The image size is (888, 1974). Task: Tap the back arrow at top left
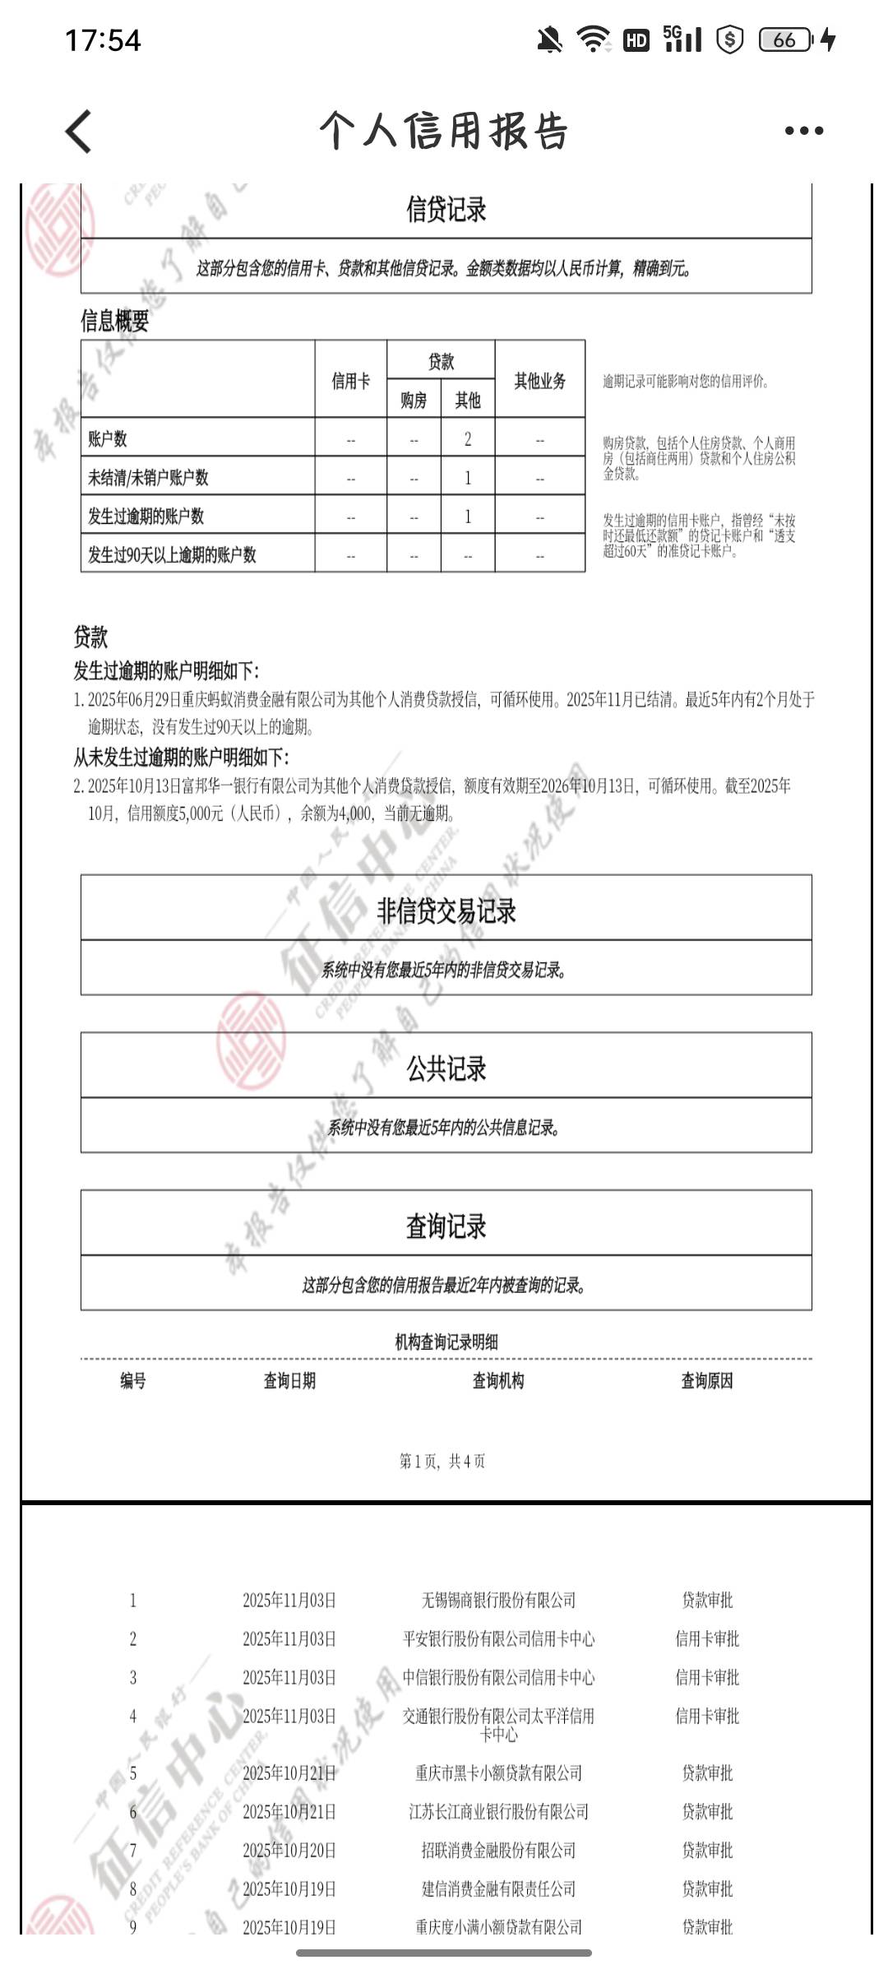tap(79, 131)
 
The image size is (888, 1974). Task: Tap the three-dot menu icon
tap(803, 131)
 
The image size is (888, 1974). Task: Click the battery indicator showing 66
tap(785, 39)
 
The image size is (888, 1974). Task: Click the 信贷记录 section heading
tap(446, 210)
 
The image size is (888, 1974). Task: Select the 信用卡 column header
tap(350, 380)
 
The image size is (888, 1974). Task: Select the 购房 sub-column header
tap(414, 401)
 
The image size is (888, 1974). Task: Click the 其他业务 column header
tap(539, 380)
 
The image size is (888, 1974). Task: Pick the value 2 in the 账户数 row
tap(468, 439)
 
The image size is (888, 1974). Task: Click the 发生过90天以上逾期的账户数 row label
tap(173, 555)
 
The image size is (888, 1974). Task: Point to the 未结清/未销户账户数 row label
tap(149, 478)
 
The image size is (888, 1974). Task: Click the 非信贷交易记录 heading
tap(446, 911)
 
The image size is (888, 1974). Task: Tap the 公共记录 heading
tap(446, 1068)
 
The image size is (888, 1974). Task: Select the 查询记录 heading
tap(446, 1226)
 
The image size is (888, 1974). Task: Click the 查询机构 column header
tap(497, 1381)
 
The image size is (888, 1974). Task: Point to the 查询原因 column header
tap(706, 1381)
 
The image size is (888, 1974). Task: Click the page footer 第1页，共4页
tap(442, 1461)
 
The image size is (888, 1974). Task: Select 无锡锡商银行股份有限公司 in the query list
tap(498, 1600)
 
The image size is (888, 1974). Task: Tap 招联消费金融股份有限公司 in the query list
tap(498, 1850)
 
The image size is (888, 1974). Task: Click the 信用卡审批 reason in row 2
tap(707, 1638)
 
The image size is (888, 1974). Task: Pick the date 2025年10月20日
tap(289, 1850)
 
